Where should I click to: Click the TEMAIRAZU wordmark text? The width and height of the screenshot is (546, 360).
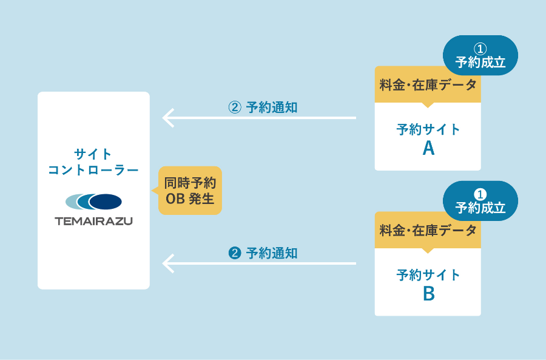(93, 221)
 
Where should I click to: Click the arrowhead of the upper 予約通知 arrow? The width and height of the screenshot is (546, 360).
(167, 117)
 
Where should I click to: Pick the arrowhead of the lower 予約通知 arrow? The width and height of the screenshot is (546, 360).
(167, 263)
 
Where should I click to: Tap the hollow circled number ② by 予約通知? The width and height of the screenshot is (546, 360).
(235, 107)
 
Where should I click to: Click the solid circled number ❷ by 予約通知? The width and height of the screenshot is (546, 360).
(235, 253)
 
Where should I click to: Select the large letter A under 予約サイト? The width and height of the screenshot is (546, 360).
(428, 148)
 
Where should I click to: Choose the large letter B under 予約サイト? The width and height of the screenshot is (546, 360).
(428, 294)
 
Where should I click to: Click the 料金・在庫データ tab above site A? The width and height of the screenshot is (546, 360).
(428, 85)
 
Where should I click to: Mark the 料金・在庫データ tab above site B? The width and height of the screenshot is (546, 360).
(428, 231)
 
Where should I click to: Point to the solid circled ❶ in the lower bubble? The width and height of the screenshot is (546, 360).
(480, 194)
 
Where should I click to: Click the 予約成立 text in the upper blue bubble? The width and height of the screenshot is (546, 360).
(480, 62)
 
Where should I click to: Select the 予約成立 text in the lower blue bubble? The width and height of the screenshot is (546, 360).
(480, 208)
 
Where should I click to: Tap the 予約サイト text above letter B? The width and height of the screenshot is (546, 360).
(428, 275)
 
